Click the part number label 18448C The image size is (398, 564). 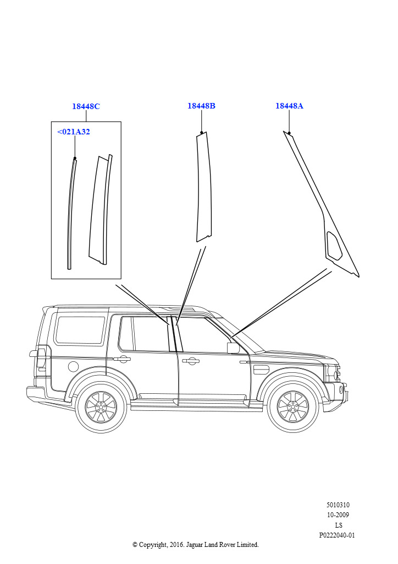[x=86, y=106]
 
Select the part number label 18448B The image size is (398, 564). [x=201, y=106]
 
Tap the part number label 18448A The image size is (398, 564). [x=289, y=106]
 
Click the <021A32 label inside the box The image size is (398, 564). [x=74, y=132]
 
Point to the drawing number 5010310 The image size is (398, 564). [x=338, y=505]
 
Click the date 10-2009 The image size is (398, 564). [x=338, y=515]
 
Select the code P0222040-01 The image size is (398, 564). [x=337, y=535]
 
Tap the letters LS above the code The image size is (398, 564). [x=339, y=525]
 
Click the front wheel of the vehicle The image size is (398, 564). [x=293, y=406]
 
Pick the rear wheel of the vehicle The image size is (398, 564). [x=101, y=407]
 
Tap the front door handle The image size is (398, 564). [x=190, y=361]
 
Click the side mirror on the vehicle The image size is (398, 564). [x=233, y=348]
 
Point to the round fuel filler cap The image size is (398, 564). [x=73, y=367]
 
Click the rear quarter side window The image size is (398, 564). [x=80, y=330]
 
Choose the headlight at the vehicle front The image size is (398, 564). [x=332, y=374]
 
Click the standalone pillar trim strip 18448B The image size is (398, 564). [x=203, y=187]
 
